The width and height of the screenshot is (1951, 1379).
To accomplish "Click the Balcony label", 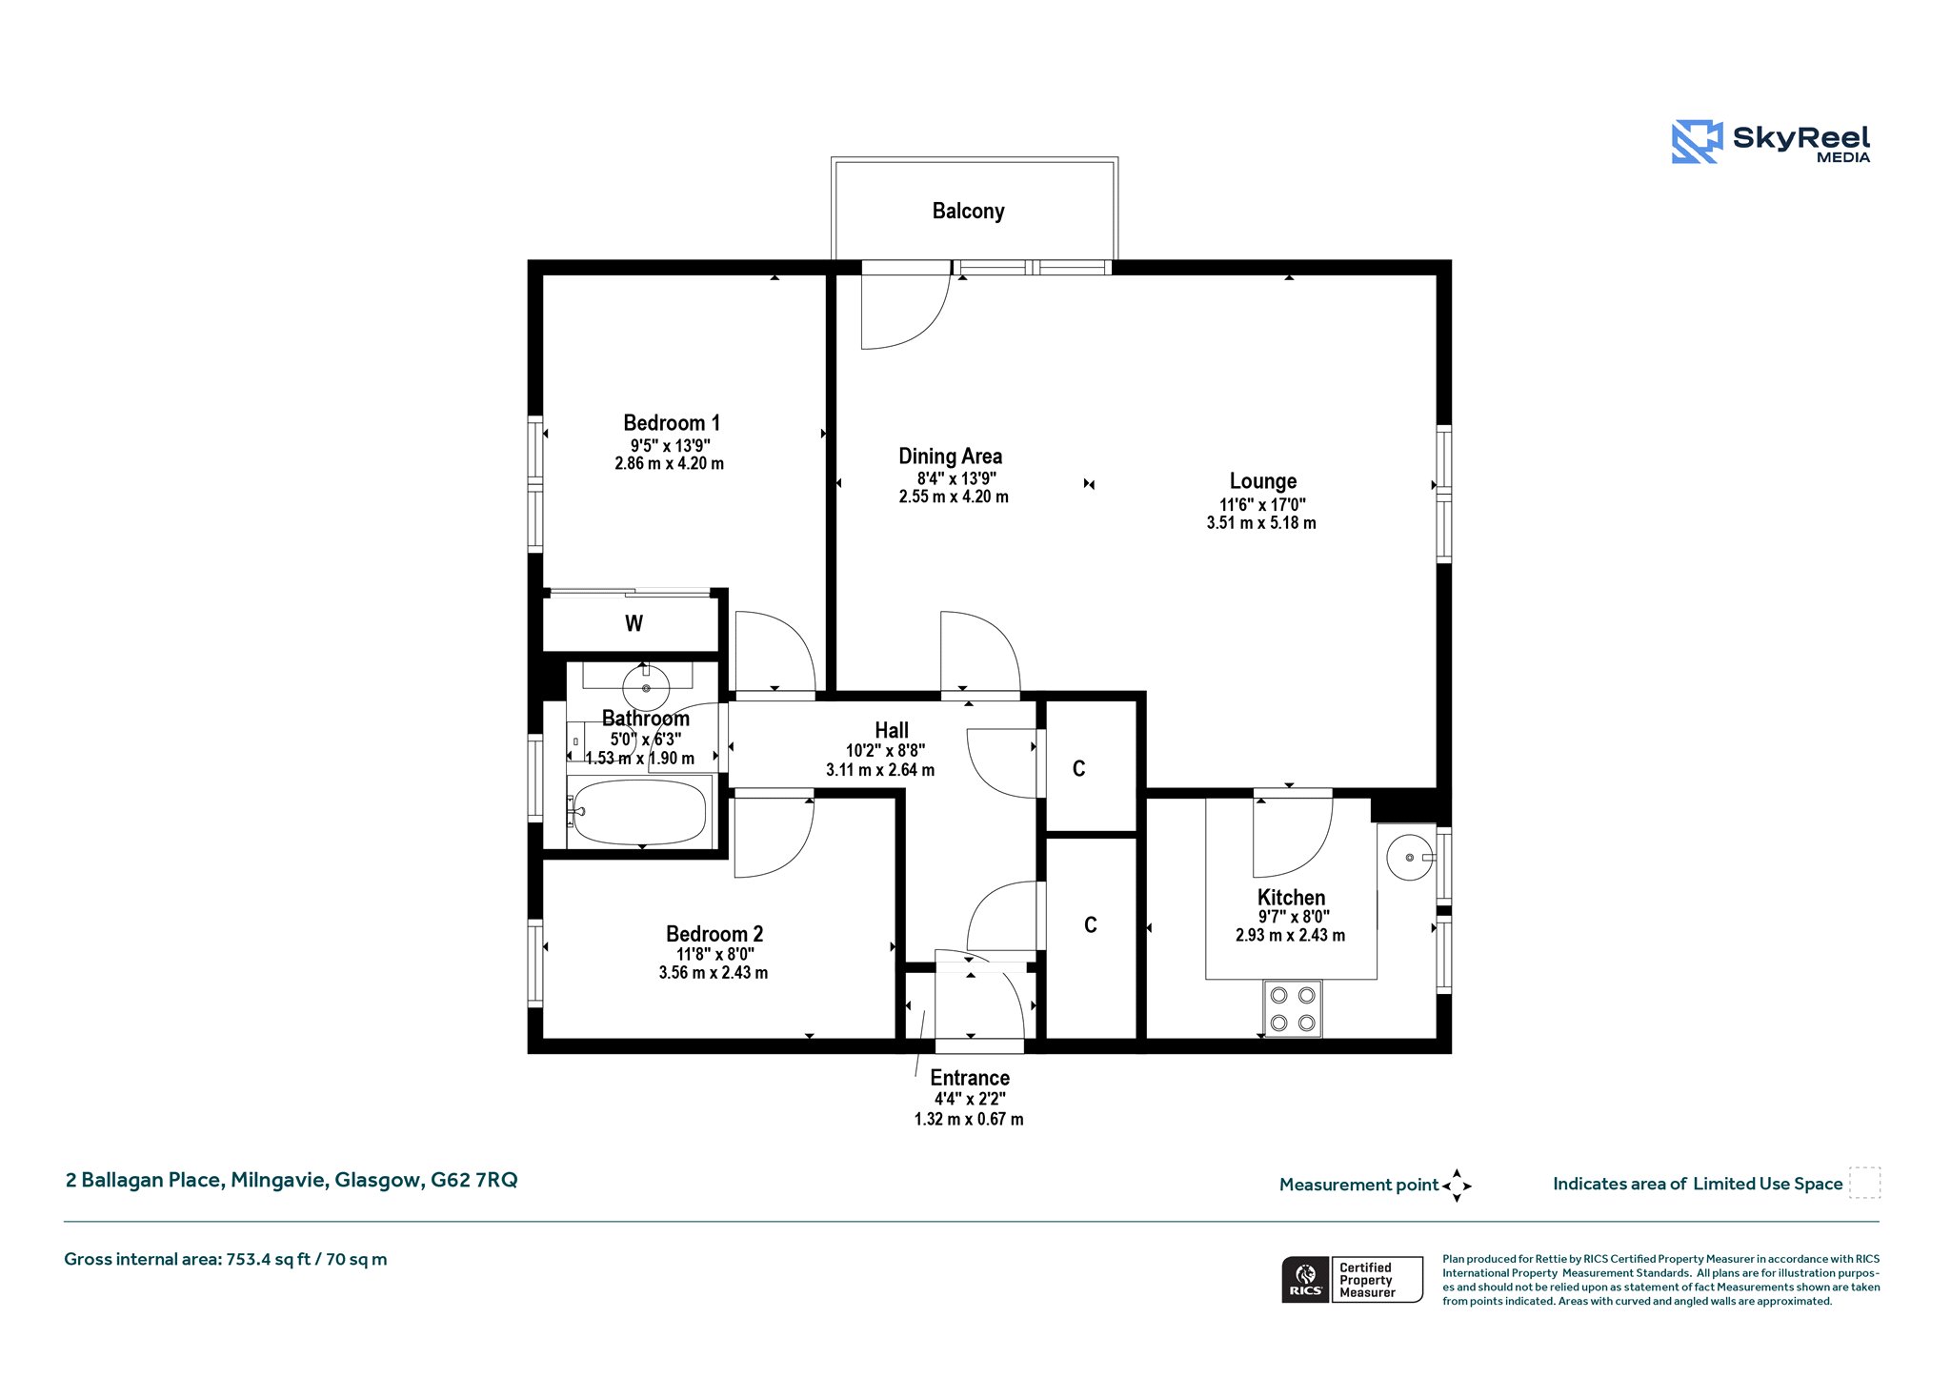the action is [968, 211].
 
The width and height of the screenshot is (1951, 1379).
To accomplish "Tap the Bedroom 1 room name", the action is [672, 422].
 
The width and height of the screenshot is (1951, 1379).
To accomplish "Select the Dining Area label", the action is [950, 456].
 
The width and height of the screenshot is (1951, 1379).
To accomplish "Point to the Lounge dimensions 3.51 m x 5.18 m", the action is [1261, 522].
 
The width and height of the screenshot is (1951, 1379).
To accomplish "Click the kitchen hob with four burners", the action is [1293, 1008].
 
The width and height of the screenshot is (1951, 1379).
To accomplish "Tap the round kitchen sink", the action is [1410, 858].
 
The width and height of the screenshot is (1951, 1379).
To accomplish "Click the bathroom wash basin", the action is [646, 687].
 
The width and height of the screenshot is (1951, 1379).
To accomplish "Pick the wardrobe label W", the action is [634, 623].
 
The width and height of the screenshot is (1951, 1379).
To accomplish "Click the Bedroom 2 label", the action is [714, 934].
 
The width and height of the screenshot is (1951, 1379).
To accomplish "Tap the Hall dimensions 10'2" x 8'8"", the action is [885, 750].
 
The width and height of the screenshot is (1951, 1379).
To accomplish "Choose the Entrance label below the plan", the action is [970, 1078].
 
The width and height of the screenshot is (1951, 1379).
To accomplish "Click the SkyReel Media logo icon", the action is [1697, 142].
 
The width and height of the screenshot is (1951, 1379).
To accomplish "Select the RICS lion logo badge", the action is [1306, 1280].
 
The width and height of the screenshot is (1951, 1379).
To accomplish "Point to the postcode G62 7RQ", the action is [474, 1180].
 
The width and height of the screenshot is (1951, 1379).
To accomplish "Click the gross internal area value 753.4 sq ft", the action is [269, 1259].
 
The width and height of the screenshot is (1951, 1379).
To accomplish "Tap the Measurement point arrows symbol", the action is [1457, 1186].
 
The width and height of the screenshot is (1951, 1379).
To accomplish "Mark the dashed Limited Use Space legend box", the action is [1864, 1183].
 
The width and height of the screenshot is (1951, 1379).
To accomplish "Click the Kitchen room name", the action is [1291, 897].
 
